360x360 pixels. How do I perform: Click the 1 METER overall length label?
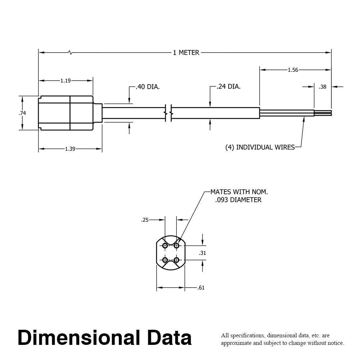click(186, 53)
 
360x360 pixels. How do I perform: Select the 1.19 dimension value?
click(66, 81)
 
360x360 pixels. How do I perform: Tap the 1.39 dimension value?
click(70, 149)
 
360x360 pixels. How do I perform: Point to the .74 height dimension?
click(22, 113)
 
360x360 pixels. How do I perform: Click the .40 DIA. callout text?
click(148, 87)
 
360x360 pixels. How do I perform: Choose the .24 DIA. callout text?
click(229, 86)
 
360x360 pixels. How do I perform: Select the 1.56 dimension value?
click(293, 70)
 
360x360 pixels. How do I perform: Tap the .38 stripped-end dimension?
click(323, 87)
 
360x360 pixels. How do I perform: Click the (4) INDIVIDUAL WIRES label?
click(260, 147)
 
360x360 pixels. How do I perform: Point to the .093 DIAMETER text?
click(238, 200)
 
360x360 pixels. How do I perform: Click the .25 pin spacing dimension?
click(145, 220)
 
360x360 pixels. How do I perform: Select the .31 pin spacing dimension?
click(202, 253)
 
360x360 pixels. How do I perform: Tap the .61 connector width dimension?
click(201, 288)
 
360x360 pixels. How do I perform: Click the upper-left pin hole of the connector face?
click(165, 246)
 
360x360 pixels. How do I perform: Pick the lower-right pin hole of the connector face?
click(176, 260)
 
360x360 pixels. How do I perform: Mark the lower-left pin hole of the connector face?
click(165, 260)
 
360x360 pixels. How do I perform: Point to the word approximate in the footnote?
click(235, 343)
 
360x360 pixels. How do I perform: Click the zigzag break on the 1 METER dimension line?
click(70, 53)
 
